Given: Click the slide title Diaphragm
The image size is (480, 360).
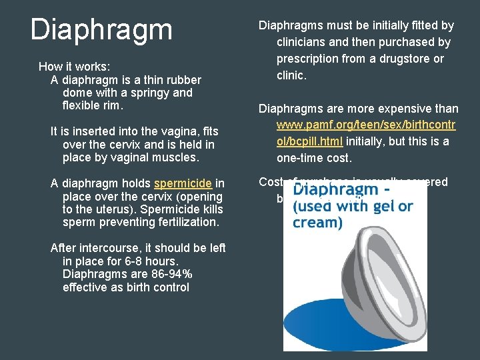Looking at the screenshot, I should (101, 29).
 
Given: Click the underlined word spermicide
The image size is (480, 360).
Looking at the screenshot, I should (182, 184).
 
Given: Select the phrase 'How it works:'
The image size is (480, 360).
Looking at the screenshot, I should (75, 67).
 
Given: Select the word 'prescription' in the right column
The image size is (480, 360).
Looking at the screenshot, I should (307, 59).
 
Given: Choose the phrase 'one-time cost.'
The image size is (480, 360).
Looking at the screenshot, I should (311, 158).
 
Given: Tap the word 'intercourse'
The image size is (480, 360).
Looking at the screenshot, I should (112, 248).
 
